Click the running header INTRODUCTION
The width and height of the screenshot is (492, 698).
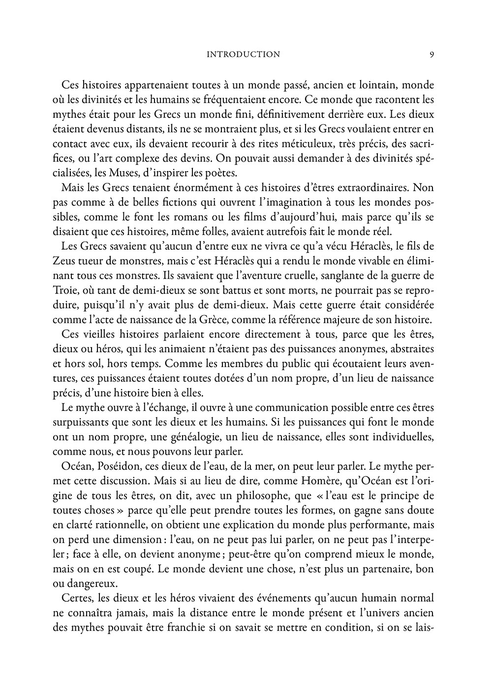point(244,55)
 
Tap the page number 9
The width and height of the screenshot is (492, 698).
point(431,55)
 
